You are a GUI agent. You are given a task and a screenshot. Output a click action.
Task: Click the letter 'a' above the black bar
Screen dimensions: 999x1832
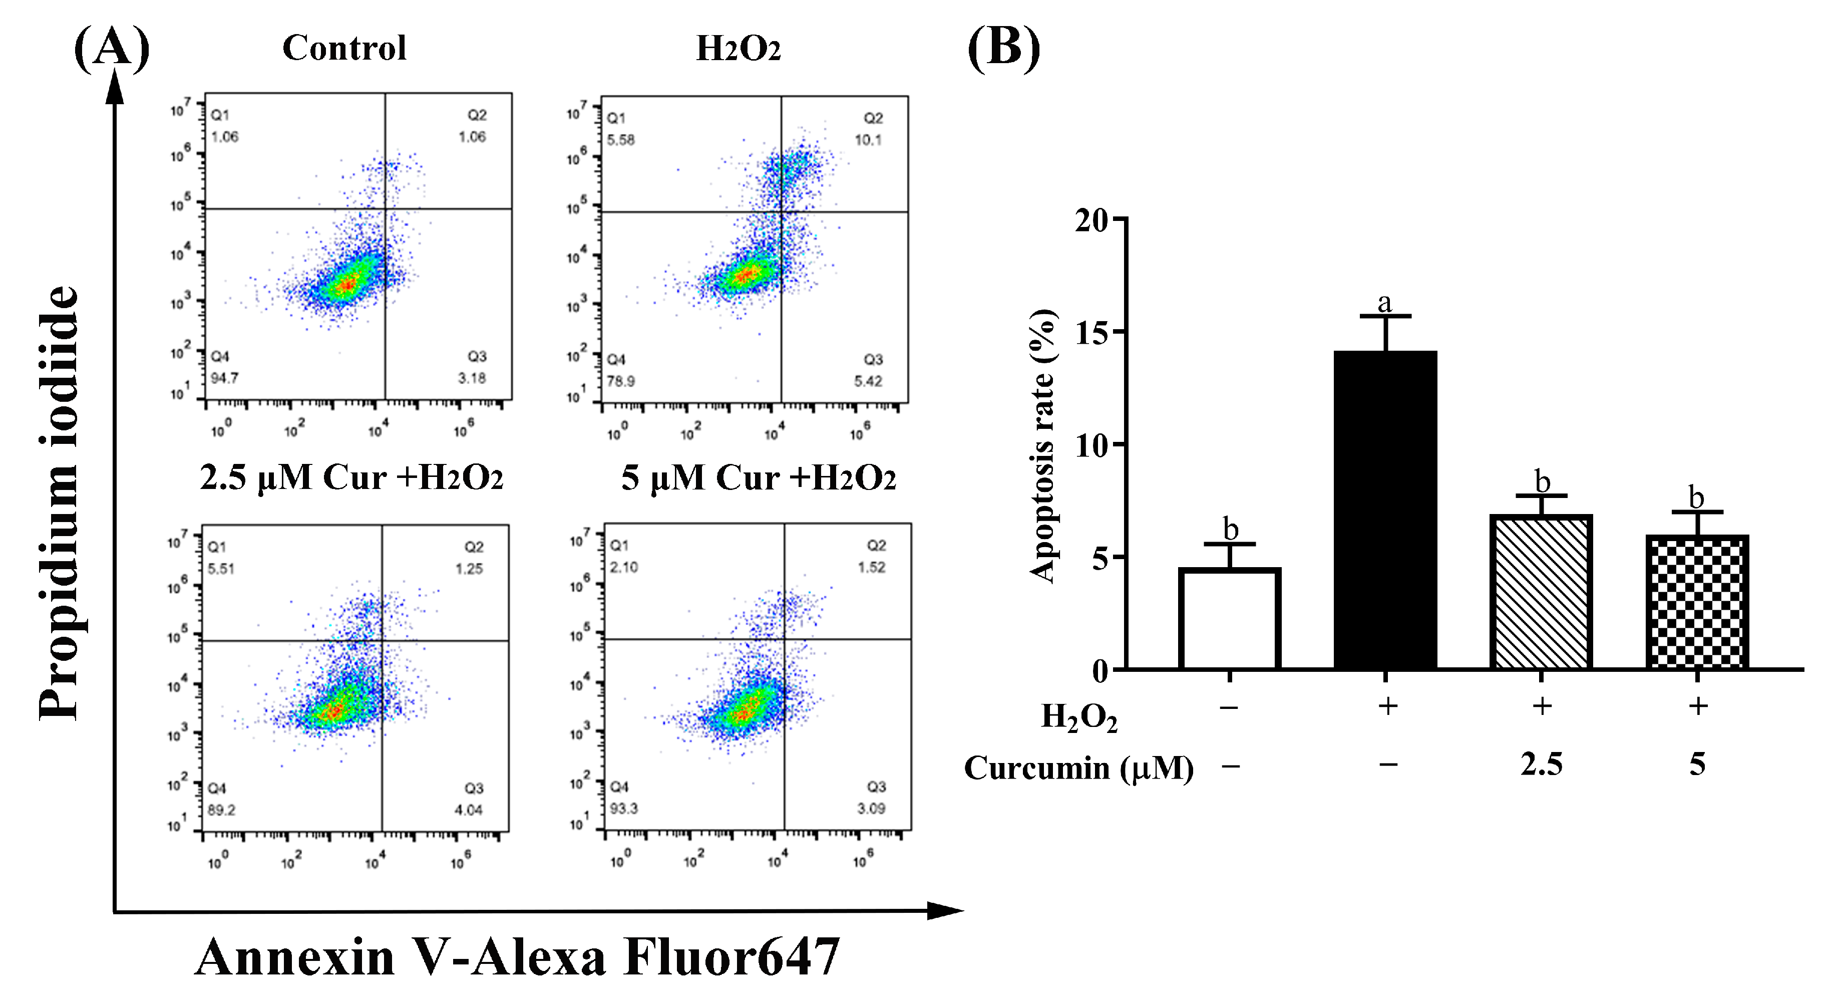tap(1384, 303)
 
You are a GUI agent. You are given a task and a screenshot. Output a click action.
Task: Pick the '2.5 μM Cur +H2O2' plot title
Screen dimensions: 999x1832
tap(351, 477)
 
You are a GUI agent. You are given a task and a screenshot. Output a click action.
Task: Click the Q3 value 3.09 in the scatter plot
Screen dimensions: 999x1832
tap(871, 808)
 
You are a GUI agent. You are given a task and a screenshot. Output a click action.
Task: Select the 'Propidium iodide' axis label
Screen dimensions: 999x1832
tap(58, 503)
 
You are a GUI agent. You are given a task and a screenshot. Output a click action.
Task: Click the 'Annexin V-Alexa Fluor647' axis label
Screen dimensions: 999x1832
tap(517, 958)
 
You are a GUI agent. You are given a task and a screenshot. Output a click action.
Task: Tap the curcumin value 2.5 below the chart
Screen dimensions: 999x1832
tap(1541, 766)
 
